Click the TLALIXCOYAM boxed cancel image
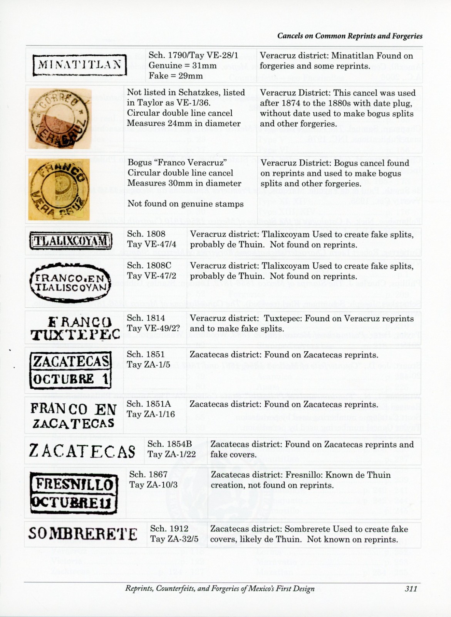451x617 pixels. click(x=71, y=241)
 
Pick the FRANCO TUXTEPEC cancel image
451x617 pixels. click(x=75, y=329)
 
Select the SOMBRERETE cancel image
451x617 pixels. click(x=83, y=534)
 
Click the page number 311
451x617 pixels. click(x=411, y=589)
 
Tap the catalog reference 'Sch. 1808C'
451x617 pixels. click(x=149, y=266)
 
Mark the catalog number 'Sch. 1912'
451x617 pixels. click(x=169, y=528)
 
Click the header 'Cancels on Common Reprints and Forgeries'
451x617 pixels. click(x=350, y=36)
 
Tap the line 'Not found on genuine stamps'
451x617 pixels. click(x=185, y=204)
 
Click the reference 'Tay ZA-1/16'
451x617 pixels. click(x=151, y=414)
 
